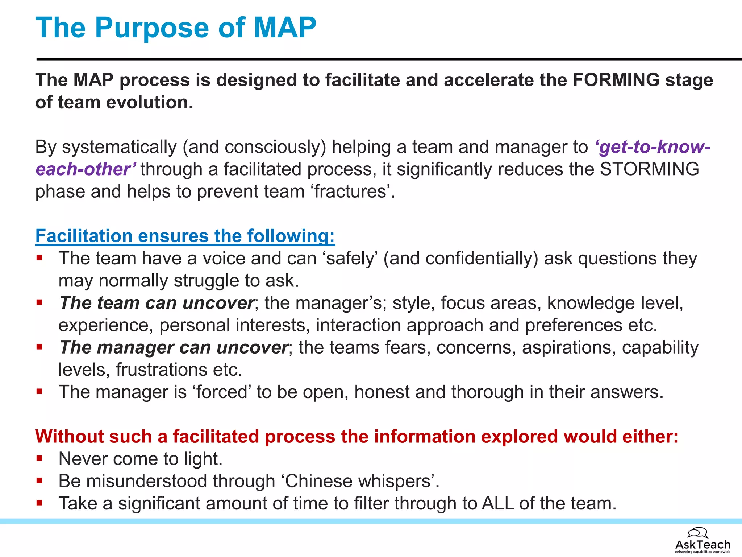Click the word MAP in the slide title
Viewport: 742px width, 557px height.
pos(285,28)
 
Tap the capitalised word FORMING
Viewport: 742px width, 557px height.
pos(616,80)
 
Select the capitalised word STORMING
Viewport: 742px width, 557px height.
pos(649,169)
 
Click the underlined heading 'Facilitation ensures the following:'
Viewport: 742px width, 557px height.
pos(185,236)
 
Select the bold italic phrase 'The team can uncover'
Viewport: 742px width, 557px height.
pos(157,303)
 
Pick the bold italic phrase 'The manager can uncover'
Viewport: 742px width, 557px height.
pos(174,348)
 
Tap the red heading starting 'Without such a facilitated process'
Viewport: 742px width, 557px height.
pos(357,437)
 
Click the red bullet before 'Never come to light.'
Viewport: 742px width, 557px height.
pos(39,458)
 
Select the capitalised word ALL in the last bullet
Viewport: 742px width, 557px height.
pos(498,504)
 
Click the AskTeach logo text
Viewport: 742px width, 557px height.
pos(703,544)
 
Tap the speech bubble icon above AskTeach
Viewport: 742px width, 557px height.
pos(697,533)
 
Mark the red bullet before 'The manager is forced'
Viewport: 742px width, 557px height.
pos(39,392)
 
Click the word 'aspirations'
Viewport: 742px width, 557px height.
pos(569,348)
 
